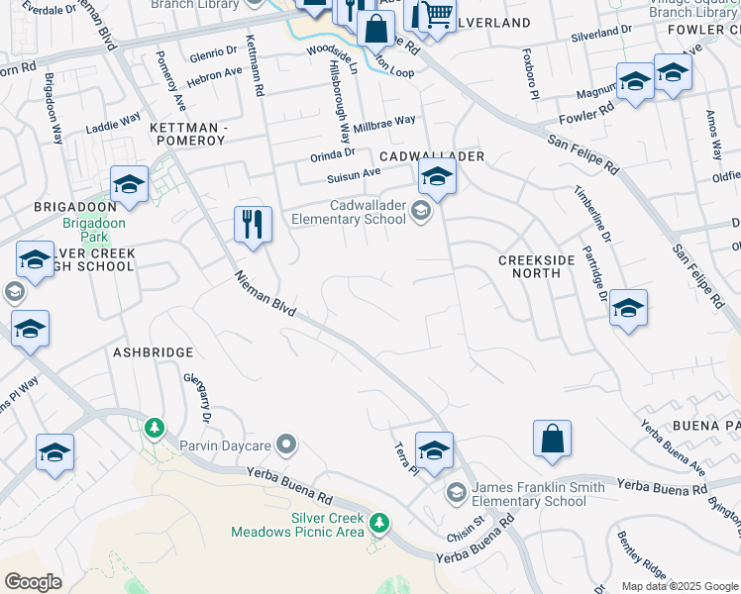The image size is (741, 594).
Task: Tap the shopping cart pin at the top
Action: click(437, 14)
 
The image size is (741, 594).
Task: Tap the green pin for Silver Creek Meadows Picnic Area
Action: click(377, 522)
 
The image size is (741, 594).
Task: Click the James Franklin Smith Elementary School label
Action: click(528, 493)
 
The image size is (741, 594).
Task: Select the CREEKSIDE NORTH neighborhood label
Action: click(536, 267)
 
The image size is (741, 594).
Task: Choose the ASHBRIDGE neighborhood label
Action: click(153, 351)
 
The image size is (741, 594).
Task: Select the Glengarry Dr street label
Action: click(197, 398)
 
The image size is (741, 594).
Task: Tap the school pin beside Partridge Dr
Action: click(628, 308)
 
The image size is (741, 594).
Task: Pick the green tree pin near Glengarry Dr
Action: click(154, 429)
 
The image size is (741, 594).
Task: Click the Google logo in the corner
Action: click(33, 582)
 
